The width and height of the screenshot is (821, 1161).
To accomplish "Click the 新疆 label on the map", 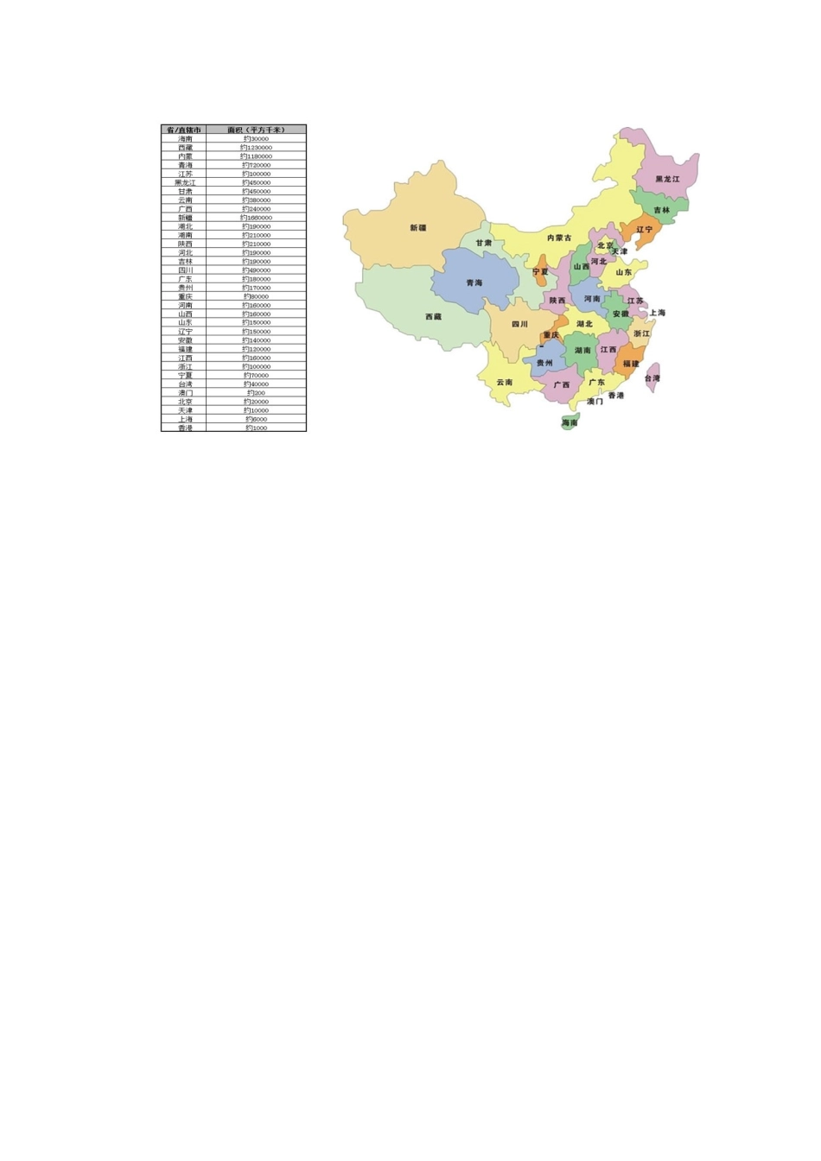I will pos(417,228).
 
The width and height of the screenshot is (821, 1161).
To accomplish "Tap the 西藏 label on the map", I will pos(433,317).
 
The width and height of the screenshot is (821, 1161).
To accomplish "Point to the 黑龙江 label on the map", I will pos(667,180).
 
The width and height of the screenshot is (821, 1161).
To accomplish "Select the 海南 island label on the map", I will pos(570,423).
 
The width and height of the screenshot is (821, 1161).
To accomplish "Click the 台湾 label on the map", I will pos(652,378).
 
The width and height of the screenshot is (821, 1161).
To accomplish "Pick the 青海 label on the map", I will pos(474,283).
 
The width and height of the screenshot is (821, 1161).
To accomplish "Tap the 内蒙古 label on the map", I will pos(559,238).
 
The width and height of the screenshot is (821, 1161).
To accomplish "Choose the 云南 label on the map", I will pos(505,382).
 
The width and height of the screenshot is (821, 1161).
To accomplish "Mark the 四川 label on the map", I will pos(519,324).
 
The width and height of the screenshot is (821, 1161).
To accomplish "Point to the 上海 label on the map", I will pos(658,313).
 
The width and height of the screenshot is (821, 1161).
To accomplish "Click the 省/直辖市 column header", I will pos(184,130).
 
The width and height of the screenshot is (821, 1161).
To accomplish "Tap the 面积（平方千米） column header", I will pos(256,130).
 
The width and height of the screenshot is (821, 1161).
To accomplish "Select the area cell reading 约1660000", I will pos(256,218).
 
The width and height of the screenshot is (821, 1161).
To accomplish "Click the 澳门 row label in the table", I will pos(186,393).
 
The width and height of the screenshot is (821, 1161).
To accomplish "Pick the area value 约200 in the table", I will pos(256,393).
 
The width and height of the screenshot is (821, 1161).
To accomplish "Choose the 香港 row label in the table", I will pos(186,428).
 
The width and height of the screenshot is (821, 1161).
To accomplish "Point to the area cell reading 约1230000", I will pos(256,148).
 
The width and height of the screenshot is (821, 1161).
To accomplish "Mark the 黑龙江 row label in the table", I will pos(186,182).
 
